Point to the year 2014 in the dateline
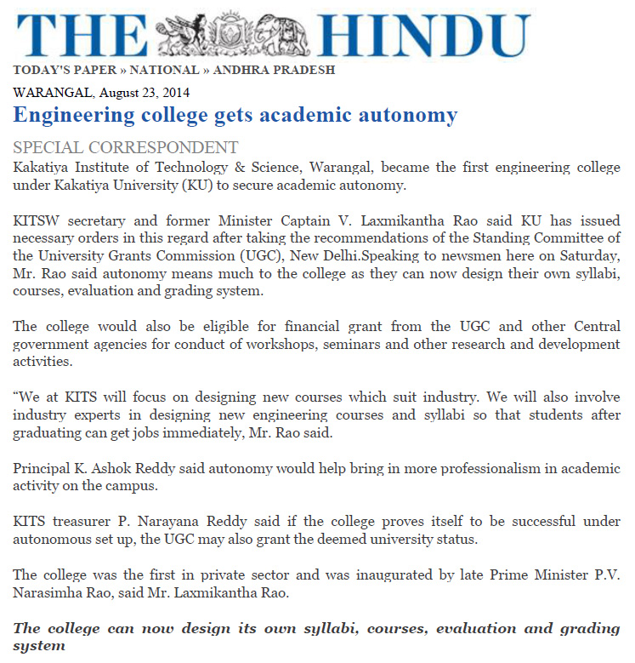click(x=174, y=93)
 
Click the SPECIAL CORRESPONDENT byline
click(x=125, y=147)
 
